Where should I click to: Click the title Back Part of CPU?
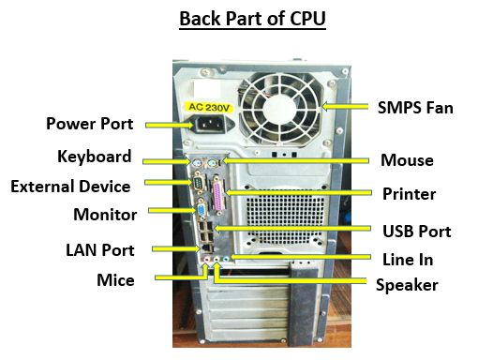(x=252, y=19)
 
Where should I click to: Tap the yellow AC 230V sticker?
(x=209, y=108)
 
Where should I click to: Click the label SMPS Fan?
(x=415, y=108)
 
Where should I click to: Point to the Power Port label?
(x=90, y=124)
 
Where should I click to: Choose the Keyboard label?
(x=95, y=157)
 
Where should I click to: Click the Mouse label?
(x=407, y=160)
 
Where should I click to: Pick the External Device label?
(x=70, y=187)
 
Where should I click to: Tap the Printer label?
(x=410, y=194)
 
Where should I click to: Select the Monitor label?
(x=105, y=215)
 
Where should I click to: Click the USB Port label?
(x=417, y=232)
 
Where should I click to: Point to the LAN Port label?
(x=100, y=250)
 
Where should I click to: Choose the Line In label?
(x=408, y=260)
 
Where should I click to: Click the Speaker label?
(x=407, y=285)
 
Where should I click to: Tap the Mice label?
(x=115, y=280)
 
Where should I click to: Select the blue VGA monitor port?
(x=201, y=210)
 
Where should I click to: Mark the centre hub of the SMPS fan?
(x=280, y=109)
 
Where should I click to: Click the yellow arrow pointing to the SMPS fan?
(x=345, y=107)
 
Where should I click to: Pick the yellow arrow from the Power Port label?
(x=170, y=125)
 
